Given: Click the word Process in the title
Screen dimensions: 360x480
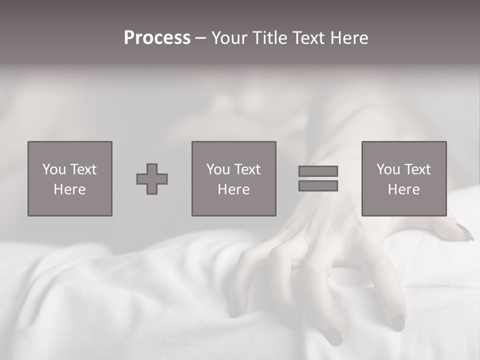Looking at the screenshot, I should click(x=157, y=38).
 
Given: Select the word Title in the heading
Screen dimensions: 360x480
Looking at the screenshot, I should click(x=269, y=38).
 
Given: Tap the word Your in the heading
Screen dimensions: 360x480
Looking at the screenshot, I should click(x=231, y=38).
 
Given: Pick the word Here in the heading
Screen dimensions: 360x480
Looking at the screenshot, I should click(x=350, y=38).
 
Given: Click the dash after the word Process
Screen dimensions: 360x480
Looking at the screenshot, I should click(x=200, y=39).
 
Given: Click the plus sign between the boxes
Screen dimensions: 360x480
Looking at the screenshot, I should click(x=152, y=179).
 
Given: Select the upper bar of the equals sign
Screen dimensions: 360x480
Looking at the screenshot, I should click(x=318, y=171).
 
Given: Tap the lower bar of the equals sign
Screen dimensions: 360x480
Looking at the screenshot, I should click(x=318, y=186).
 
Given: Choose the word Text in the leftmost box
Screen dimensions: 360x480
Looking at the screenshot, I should click(x=83, y=169).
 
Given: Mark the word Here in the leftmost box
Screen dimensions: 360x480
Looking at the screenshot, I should click(x=69, y=189).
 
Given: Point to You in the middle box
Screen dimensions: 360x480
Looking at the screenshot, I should click(x=218, y=169).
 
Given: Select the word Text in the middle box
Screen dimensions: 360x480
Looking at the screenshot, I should click(x=247, y=169).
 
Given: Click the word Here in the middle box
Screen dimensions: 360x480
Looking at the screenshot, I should click(x=233, y=189).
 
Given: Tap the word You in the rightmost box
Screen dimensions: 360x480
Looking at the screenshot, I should click(x=388, y=169).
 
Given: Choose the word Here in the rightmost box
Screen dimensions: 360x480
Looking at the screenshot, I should click(x=403, y=189).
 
